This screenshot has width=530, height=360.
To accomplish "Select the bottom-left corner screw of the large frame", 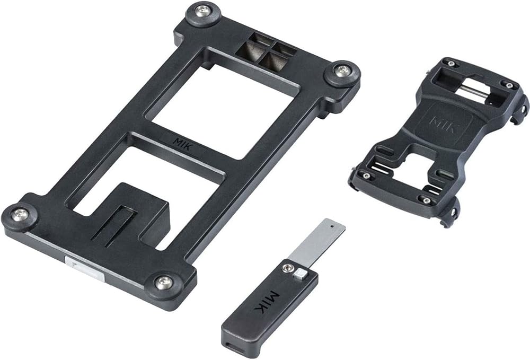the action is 20,215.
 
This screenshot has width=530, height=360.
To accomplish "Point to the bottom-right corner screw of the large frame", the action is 164,283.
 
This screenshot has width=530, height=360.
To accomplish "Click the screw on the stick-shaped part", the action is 288,268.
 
